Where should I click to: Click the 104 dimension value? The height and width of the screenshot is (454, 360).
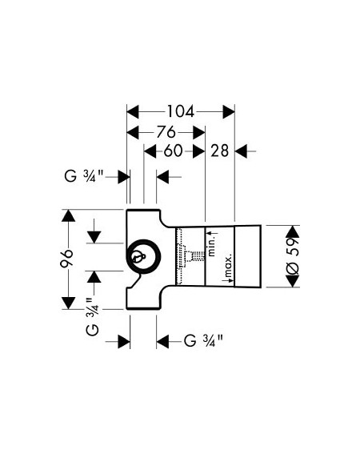point(181,112)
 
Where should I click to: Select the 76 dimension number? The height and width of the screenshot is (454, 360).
point(166,133)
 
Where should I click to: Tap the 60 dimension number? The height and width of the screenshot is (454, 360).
point(173,151)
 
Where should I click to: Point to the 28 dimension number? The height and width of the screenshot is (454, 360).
point(219,151)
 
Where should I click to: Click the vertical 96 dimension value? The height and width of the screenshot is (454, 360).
point(67,258)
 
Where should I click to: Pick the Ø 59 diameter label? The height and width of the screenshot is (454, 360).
point(292,255)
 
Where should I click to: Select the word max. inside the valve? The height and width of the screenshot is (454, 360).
point(229,265)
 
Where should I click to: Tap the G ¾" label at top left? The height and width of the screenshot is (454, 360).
point(84,175)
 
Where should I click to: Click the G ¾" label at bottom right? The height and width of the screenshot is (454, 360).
point(203,340)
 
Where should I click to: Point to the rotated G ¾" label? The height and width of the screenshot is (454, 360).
point(93,316)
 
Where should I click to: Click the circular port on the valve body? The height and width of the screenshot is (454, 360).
point(144,256)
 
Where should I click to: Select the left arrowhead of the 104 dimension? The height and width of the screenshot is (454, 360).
point(133,112)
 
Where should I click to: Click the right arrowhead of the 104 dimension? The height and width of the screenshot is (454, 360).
point(229,112)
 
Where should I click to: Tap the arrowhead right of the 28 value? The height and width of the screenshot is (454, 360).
point(241,151)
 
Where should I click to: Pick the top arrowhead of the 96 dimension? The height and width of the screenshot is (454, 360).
point(68,215)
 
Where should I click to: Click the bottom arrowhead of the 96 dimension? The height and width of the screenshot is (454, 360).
point(68,303)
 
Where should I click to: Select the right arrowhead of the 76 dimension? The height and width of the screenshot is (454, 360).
point(199,133)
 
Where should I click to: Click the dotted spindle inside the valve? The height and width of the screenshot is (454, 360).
point(196,255)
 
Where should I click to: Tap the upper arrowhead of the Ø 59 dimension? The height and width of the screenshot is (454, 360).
point(292,231)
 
